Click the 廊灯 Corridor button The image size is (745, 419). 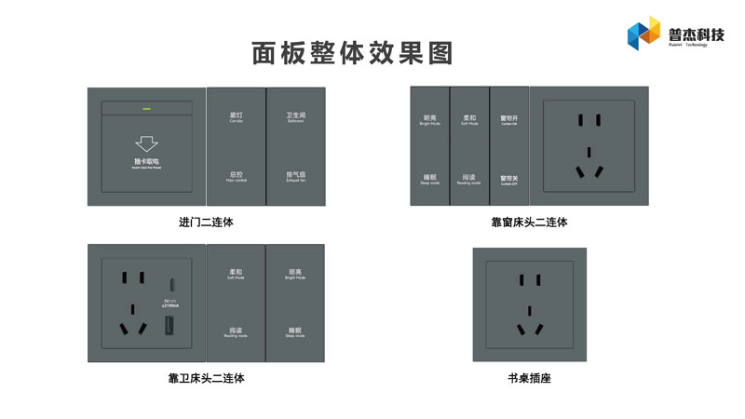pyautogui.click(x=237, y=118)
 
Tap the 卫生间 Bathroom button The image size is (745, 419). pyautogui.click(x=296, y=118)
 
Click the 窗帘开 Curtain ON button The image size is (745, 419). pyautogui.click(x=508, y=120)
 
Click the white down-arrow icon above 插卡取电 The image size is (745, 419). pyautogui.click(x=146, y=143)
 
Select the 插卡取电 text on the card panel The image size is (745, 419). pyautogui.click(x=146, y=162)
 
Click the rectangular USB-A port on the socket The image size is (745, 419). pyautogui.click(x=170, y=326)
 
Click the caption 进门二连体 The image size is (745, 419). pyautogui.click(x=206, y=223)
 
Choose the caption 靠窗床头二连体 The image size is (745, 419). pyautogui.click(x=529, y=223)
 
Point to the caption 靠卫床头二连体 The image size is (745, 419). pyautogui.click(x=206, y=378)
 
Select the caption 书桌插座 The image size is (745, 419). pyautogui.click(x=529, y=378)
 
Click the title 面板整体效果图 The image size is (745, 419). pyautogui.click(x=352, y=53)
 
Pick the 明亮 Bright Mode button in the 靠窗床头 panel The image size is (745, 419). pyautogui.click(x=429, y=120)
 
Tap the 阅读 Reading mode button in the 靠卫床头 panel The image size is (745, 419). pyautogui.click(x=236, y=331)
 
